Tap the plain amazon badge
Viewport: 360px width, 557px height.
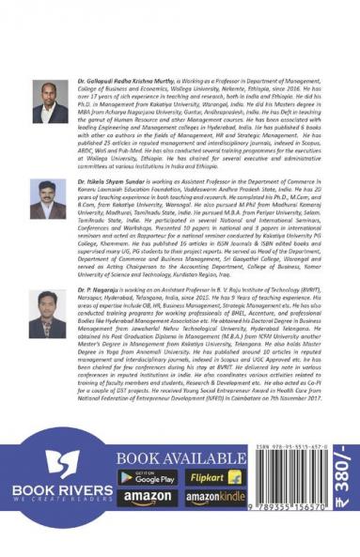pos(147,498)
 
